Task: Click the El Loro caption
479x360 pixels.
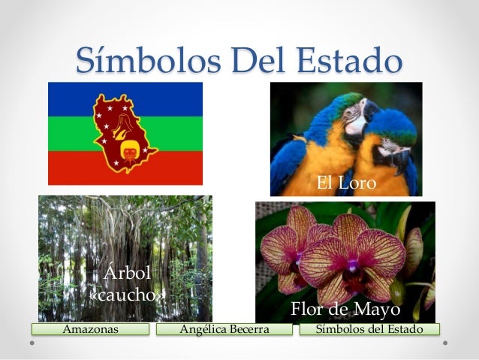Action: [345, 183]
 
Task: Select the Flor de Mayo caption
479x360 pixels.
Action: [345, 310]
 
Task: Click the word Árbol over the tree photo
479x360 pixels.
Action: [127, 272]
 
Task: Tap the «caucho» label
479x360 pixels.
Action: [127, 293]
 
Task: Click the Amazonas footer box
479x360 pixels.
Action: [91, 329]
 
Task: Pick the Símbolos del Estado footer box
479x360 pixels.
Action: [369, 329]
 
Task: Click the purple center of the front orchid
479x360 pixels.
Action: [352, 265]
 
